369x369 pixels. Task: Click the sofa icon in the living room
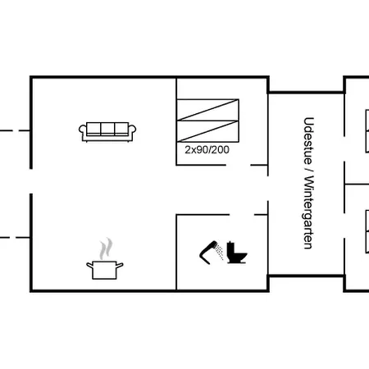[107, 132]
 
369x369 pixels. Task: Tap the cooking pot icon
[105, 270]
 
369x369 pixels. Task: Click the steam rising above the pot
[106, 248]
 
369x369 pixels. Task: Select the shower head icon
[212, 252]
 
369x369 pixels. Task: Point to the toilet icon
[237, 253]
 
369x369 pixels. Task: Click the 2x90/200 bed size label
[207, 150]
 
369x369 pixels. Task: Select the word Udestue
[308, 141]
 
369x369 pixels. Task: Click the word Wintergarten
[308, 212]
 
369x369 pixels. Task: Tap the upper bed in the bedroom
[208, 110]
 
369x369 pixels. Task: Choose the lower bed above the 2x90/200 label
[208, 131]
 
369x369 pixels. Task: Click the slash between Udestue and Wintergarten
[308, 170]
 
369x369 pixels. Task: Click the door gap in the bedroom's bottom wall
[238, 165]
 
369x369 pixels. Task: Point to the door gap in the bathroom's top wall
[242, 215]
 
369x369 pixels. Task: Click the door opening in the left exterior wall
[31, 181]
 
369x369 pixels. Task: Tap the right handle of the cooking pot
[120, 265]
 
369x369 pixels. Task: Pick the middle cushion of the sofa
[107, 129]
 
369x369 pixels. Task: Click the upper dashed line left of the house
[15, 130]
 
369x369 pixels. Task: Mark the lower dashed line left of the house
[15, 237]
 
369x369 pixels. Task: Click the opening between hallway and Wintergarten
[268, 189]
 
